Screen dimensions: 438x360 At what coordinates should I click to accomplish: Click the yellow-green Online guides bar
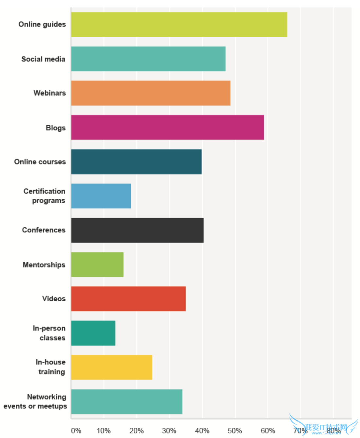[179, 25]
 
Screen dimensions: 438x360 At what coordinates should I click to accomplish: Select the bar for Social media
[148, 59]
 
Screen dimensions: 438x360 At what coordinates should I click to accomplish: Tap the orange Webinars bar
[150, 93]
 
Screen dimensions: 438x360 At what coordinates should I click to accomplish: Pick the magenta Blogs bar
[167, 128]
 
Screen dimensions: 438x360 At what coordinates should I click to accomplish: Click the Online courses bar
[136, 162]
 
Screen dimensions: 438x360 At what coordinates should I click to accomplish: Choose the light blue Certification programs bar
[101, 196]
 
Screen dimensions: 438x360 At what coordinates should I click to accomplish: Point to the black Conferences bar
[137, 230]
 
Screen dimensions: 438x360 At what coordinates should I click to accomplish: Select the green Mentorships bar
[97, 265]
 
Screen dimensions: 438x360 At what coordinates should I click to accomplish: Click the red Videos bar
[128, 299]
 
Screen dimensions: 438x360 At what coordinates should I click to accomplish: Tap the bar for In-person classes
[93, 333]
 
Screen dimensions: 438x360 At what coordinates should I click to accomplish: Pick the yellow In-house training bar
[111, 367]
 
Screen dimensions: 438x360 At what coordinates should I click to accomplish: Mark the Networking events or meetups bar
[127, 402]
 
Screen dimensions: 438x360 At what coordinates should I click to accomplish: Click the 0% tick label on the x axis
[76, 430]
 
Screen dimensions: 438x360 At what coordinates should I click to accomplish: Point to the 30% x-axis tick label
[169, 430]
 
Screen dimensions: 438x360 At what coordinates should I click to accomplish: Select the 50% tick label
[235, 430]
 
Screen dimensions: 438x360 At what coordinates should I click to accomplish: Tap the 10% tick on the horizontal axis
[104, 430]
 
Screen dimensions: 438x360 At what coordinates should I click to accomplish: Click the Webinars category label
[50, 93]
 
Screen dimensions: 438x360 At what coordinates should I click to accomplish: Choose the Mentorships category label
[44, 265]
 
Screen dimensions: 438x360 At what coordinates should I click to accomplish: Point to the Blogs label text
[56, 128]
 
